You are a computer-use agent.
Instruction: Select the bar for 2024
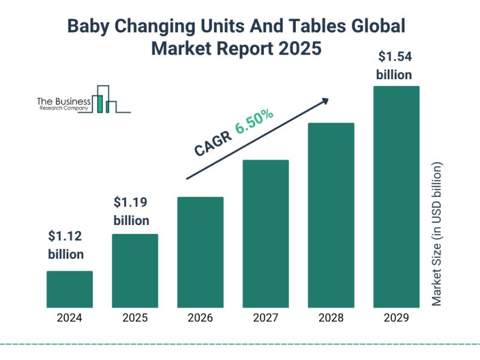tap(70, 289)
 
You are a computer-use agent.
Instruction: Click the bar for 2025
tap(135, 271)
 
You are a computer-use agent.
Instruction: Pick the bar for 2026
tap(200, 252)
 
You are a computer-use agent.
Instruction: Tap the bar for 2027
tap(266, 233)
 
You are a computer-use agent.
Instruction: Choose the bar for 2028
tap(331, 215)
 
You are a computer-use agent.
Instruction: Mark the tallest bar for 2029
tap(397, 197)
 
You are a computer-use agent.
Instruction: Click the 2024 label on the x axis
tap(70, 318)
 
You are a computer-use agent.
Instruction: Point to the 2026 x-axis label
tap(200, 318)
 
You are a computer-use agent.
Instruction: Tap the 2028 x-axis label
tap(331, 318)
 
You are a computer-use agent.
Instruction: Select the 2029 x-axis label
tap(397, 318)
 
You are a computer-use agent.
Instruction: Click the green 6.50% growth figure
tap(254, 122)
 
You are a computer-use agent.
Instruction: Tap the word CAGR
tap(213, 144)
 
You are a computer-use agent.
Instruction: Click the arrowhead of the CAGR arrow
tap(325, 101)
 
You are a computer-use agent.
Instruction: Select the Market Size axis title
tap(437, 234)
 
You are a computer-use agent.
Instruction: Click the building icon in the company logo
tap(104, 99)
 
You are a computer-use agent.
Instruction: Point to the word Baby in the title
tap(88, 26)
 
